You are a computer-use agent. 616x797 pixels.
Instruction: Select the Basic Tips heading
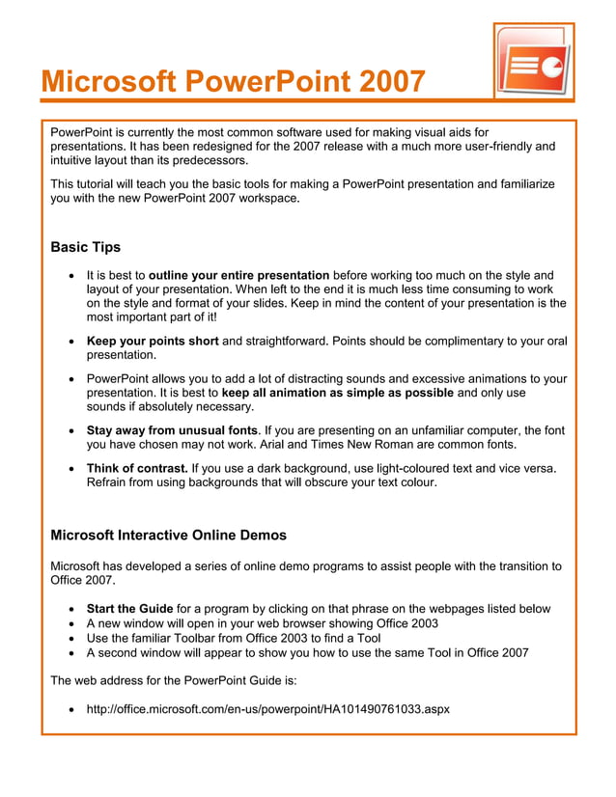[85, 247]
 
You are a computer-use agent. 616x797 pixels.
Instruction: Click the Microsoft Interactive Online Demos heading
[168, 535]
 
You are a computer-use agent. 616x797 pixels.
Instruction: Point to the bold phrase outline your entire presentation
[239, 275]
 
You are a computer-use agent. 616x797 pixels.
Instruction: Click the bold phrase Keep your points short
[153, 341]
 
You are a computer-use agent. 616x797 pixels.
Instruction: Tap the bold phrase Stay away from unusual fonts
[172, 429]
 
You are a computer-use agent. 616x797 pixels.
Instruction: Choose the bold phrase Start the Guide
[129, 609]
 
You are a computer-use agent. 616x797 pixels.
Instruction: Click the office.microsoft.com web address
[267, 709]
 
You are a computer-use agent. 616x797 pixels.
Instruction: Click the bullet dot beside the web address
[74, 710]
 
